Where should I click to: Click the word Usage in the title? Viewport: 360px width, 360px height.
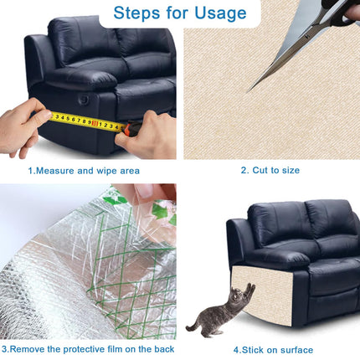(x=220, y=13)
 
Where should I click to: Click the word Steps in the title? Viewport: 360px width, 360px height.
(x=137, y=13)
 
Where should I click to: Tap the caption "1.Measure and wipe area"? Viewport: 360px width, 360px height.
(x=84, y=171)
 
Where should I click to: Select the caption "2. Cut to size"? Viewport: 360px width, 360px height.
(x=270, y=170)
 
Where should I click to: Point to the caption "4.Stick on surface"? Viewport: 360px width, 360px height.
(x=273, y=350)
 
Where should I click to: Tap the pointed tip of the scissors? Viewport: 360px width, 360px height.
(x=248, y=92)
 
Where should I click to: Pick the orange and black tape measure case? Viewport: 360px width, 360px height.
(x=132, y=129)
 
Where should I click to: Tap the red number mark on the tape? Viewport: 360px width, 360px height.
(x=95, y=123)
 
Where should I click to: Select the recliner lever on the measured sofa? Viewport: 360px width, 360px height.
(x=84, y=100)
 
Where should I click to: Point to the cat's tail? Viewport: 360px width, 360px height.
(x=193, y=324)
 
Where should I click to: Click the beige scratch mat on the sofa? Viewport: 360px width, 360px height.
(x=262, y=296)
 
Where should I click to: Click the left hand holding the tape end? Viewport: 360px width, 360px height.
(x=23, y=127)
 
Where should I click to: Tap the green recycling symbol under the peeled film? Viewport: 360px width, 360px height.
(x=162, y=212)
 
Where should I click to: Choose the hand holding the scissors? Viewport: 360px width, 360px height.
(x=352, y=11)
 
